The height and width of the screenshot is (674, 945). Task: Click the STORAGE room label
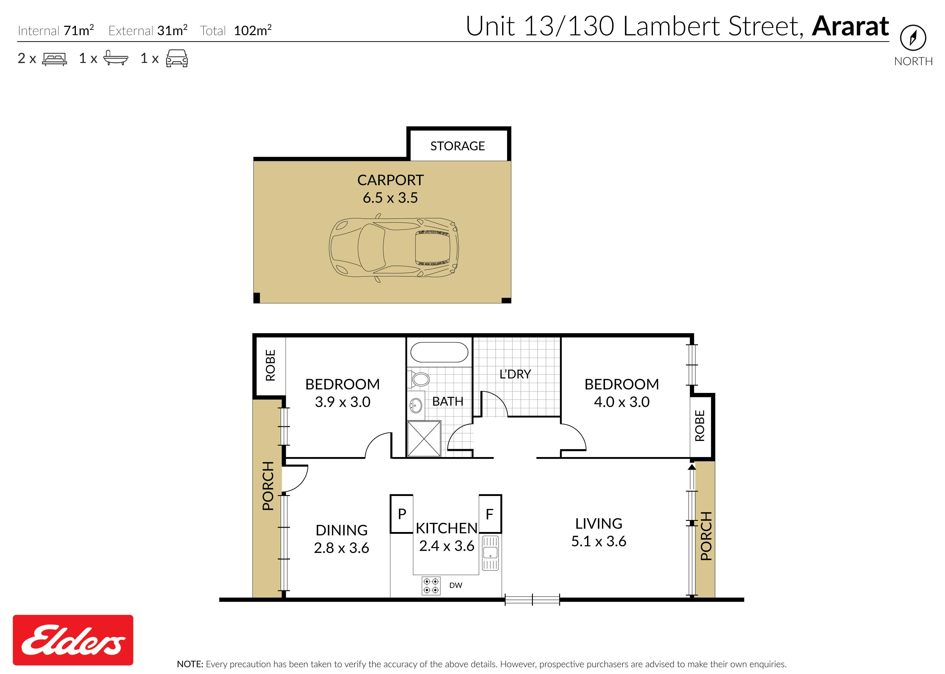click(457, 146)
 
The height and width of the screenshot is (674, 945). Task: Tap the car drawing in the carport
click(394, 248)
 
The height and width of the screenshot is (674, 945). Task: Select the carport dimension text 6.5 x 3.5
click(390, 198)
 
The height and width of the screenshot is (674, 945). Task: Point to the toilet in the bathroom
click(419, 379)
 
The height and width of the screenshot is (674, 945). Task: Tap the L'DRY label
click(515, 374)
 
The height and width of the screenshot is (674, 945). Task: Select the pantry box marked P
click(402, 514)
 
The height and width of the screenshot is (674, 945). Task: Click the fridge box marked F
click(490, 514)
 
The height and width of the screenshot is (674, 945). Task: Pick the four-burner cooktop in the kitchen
click(431, 586)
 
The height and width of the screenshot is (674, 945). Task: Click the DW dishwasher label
click(456, 585)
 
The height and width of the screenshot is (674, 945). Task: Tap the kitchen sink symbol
click(490, 553)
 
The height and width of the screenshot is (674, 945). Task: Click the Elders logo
click(73, 640)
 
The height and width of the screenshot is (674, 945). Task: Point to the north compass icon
click(913, 38)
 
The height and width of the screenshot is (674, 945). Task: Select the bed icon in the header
click(54, 59)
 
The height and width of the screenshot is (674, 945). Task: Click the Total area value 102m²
click(253, 30)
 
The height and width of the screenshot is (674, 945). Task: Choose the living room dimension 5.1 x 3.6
click(599, 541)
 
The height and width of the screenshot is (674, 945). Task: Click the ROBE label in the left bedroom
click(270, 365)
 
